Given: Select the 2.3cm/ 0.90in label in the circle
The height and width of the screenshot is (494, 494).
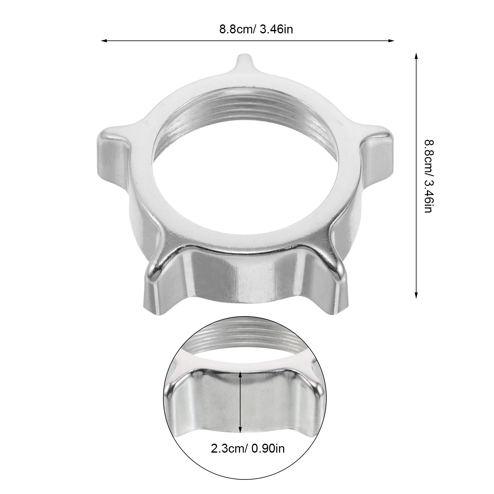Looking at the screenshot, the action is point(248,449).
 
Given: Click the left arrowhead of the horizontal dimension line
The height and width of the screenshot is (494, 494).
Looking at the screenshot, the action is point(104,40).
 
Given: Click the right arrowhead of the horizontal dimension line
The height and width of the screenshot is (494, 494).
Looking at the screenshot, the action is point(391,40).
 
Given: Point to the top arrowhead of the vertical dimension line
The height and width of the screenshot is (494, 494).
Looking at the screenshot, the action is point(416,56).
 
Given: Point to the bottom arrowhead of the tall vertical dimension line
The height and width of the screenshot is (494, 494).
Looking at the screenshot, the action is point(416,295).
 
